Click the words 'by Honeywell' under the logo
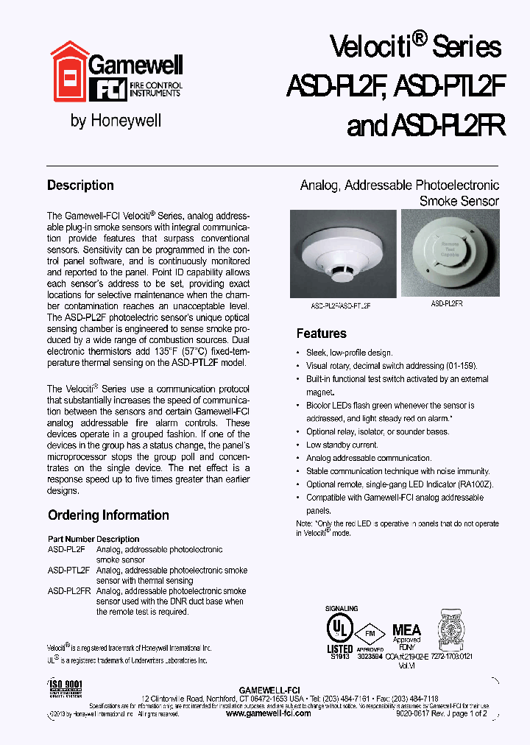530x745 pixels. click(116, 121)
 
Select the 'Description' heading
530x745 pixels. click(80, 186)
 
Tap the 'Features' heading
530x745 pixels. click(321, 333)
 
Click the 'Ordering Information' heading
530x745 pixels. click(108, 515)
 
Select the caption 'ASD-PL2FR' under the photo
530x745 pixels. click(447, 303)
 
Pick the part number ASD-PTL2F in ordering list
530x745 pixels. click(68, 571)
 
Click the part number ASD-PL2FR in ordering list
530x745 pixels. click(69, 591)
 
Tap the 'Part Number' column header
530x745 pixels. click(71, 539)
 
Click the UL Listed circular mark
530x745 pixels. click(339, 628)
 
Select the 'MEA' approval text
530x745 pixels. click(406, 629)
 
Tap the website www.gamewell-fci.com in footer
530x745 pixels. click(268, 713)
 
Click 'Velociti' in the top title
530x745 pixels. click(370, 47)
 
